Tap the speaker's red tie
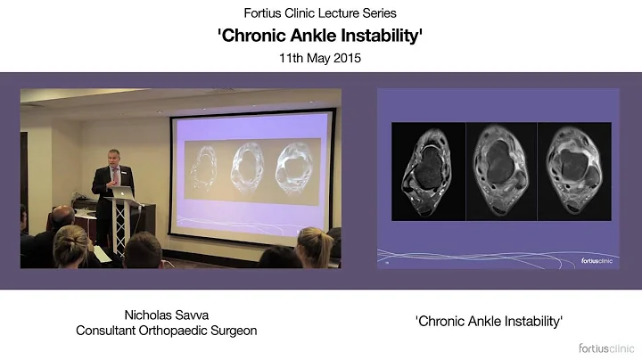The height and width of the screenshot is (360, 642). click(113, 182)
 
